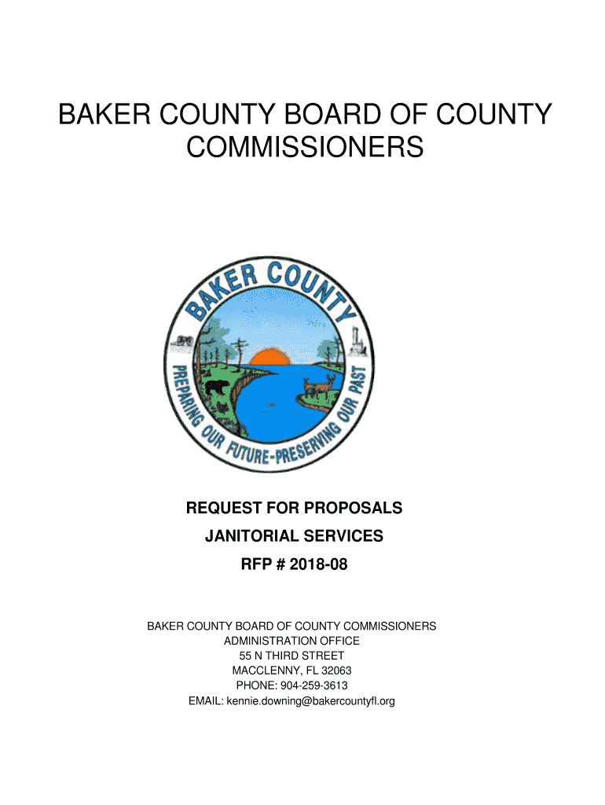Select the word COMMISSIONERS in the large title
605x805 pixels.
(x=305, y=147)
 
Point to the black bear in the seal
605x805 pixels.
(x=215, y=387)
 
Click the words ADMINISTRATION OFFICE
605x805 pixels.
(x=291, y=641)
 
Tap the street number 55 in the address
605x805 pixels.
(x=246, y=656)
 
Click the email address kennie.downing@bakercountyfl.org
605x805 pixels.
(x=310, y=700)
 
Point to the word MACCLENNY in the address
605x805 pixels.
(x=264, y=671)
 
